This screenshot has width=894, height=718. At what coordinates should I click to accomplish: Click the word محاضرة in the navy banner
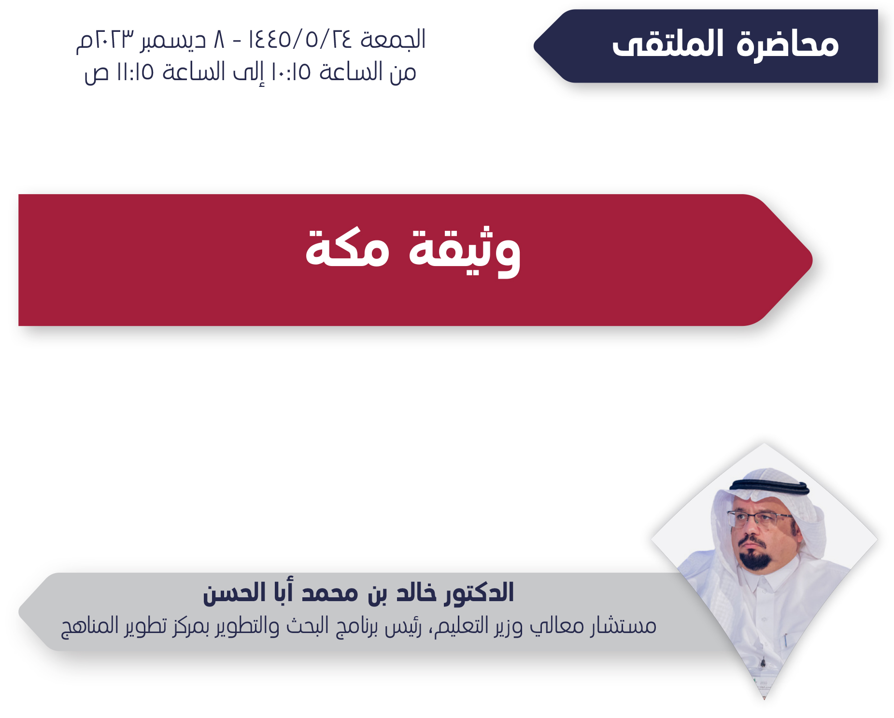click(x=788, y=44)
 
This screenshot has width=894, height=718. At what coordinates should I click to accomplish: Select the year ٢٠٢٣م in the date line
click(x=105, y=40)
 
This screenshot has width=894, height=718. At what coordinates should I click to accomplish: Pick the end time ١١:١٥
click(x=135, y=72)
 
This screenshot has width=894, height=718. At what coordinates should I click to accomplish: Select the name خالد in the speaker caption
click(x=415, y=592)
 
